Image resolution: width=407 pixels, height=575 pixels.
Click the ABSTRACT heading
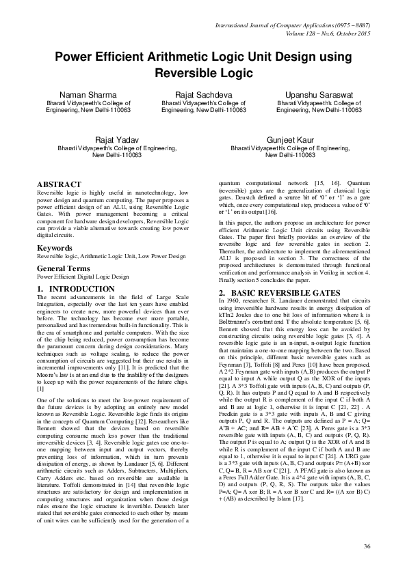(x=59, y=184)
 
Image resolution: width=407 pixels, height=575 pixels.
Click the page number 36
(x=367, y=546)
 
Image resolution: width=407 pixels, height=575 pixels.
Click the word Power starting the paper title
(x=77, y=57)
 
